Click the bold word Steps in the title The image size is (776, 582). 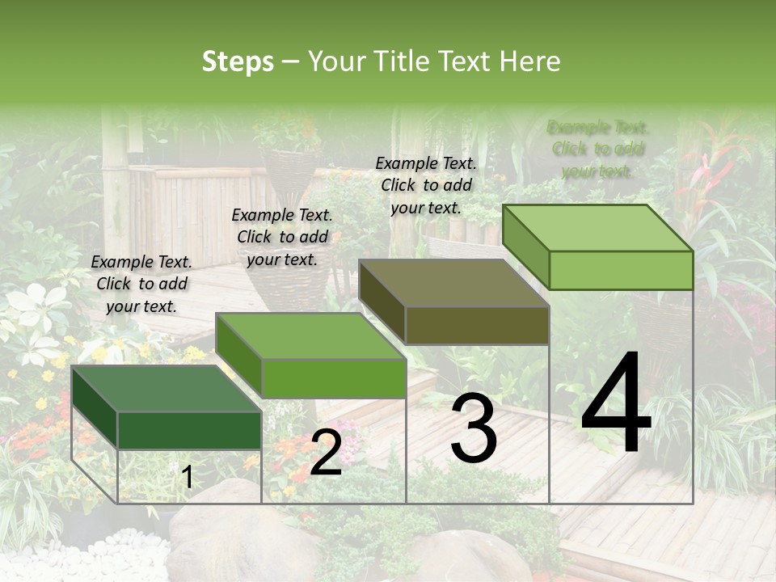(238, 61)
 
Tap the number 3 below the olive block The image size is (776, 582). (474, 430)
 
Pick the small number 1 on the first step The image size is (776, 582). (188, 478)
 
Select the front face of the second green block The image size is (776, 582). (334, 378)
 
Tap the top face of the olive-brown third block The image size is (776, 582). (453, 283)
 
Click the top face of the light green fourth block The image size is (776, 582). (598, 227)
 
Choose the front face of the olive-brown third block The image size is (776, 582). (477, 326)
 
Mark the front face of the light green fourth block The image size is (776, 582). (621, 270)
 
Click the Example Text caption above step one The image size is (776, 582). (141, 284)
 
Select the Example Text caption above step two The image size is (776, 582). (282, 237)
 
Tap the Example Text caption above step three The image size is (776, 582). (426, 185)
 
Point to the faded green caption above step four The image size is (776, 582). (598, 149)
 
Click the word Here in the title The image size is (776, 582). (530, 61)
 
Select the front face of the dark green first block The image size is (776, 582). (189, 430)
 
